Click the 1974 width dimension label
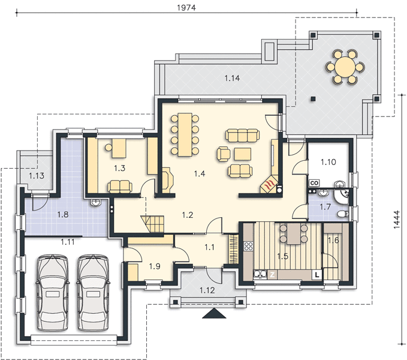186,8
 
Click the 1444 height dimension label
396,220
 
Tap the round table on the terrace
345,67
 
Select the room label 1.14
232,78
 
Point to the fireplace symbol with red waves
269,185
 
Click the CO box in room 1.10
314,183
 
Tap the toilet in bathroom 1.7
343,214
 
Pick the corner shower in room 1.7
342,197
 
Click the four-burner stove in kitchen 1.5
248,247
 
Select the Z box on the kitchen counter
272,275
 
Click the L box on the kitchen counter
317,275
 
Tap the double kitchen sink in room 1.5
260,275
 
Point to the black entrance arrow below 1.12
214,314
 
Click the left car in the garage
53,293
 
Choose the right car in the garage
93,293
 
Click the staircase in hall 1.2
153,224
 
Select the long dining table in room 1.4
185,134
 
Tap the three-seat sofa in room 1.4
242,136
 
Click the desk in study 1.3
119,148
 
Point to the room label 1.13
37,176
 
